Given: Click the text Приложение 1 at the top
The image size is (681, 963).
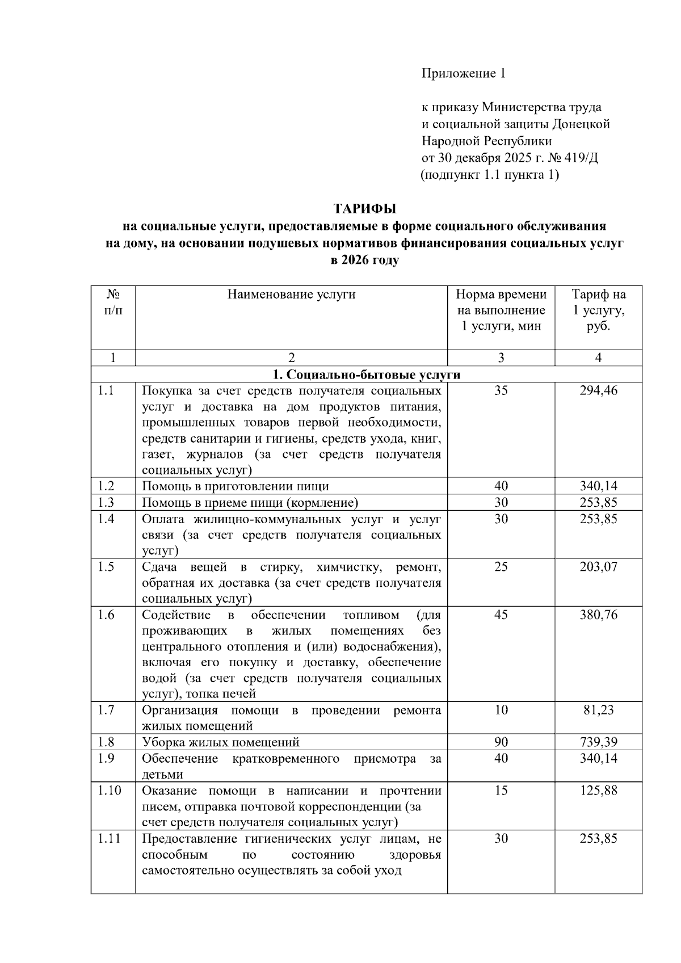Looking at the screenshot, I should pos(463,73).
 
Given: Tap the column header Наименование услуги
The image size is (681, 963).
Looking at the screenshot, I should pos(291,294).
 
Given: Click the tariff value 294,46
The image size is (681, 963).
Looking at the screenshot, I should pos(598,390).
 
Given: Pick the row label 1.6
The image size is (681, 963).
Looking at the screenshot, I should pos(106,615).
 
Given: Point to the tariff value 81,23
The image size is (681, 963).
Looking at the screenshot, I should pos(598,710).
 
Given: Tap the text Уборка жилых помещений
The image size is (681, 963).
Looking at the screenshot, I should pos(221,742).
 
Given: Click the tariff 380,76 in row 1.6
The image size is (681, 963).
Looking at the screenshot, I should pos(598,615).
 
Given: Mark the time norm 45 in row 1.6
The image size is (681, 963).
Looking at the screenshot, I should pos(501,615).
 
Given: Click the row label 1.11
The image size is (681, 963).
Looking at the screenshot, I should pos(108,839).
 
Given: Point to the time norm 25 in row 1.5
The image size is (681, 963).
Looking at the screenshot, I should pos(501,567).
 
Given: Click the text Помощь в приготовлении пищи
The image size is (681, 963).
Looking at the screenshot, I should pos(236,486).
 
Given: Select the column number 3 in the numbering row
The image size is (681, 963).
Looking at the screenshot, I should pos(501,358).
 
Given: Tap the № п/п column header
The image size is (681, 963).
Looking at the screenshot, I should pos(113,302).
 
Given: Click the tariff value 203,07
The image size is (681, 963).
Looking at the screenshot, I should pos(598,567).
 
